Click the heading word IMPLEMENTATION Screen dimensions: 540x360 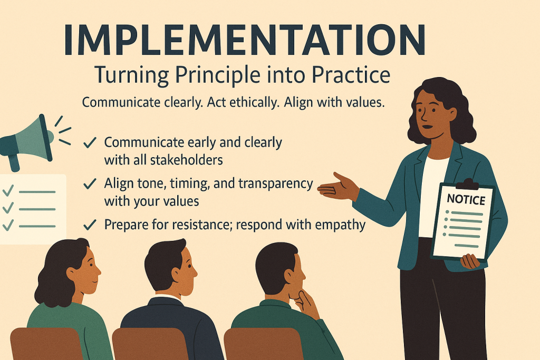245,40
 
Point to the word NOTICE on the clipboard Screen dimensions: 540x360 466,200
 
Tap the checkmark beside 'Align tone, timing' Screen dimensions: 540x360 90,184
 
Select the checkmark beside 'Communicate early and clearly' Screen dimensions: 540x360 90,142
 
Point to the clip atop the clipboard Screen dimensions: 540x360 467,184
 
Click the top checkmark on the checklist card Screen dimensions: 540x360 8,190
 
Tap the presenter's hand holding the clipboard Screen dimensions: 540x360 470,261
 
